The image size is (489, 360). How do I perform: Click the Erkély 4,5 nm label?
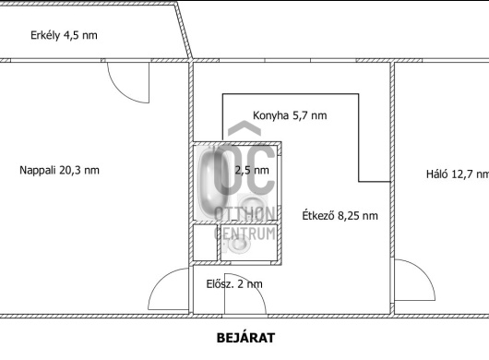pyautogui.click(x=64, y=35)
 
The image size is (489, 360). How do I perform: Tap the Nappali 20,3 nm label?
pyautogui.click(x=59, y=171)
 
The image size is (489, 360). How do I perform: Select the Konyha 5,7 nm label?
pyautogui.click(x=290, y=115)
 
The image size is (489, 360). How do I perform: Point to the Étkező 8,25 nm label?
pyautogui.click(x=340, y=216)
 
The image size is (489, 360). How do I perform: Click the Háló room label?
pyautogui.click(x=458, y=174)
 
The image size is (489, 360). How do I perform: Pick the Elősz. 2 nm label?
pyautogui.click(x=234, y=284)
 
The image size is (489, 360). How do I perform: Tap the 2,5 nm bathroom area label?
pyautogui.click(x=252, y=171)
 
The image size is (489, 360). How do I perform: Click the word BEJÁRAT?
pyautogui.click(x=245, y=338)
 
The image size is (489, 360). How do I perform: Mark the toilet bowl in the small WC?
pyautogui.click(x=239, y=244)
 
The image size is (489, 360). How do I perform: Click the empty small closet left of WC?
pyautogui.click(x=205, y=243)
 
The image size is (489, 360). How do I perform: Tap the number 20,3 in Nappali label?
pyautogui.click(x=70, y=171)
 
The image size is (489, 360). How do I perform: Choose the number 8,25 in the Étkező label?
pyautogui.click(x=351, y=216)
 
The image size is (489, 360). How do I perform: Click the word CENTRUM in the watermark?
pyautogui.click(x=244, y=234)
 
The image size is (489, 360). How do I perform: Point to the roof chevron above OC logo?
pyautogui.click(x=244, y=127)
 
